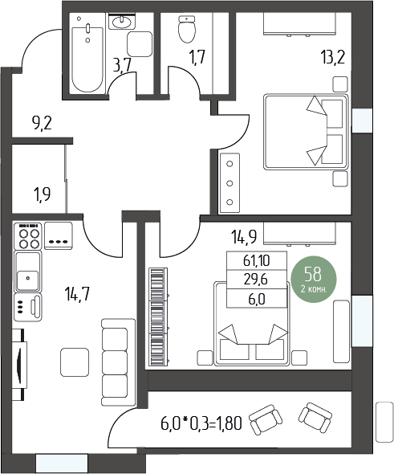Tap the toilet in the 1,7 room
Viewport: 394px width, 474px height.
187,29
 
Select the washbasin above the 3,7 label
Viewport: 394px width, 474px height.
122,22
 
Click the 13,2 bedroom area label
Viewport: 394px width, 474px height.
333,57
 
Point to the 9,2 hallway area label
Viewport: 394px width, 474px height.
42,124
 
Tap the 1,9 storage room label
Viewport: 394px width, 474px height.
43,194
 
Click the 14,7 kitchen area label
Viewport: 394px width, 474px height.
77,294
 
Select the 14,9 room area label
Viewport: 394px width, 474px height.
244,237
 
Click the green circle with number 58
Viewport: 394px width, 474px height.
314,279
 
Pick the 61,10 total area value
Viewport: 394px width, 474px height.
257,260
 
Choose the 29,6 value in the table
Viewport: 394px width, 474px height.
256,280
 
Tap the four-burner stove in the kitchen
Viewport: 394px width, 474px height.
27,236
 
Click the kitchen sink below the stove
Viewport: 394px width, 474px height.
28,272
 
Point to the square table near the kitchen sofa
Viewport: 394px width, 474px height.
75,362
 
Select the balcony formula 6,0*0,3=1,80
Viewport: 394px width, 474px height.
201,423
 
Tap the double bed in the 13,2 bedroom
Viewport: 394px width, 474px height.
307,132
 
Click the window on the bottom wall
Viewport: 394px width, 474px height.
62,463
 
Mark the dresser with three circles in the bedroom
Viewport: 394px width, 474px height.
229,183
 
